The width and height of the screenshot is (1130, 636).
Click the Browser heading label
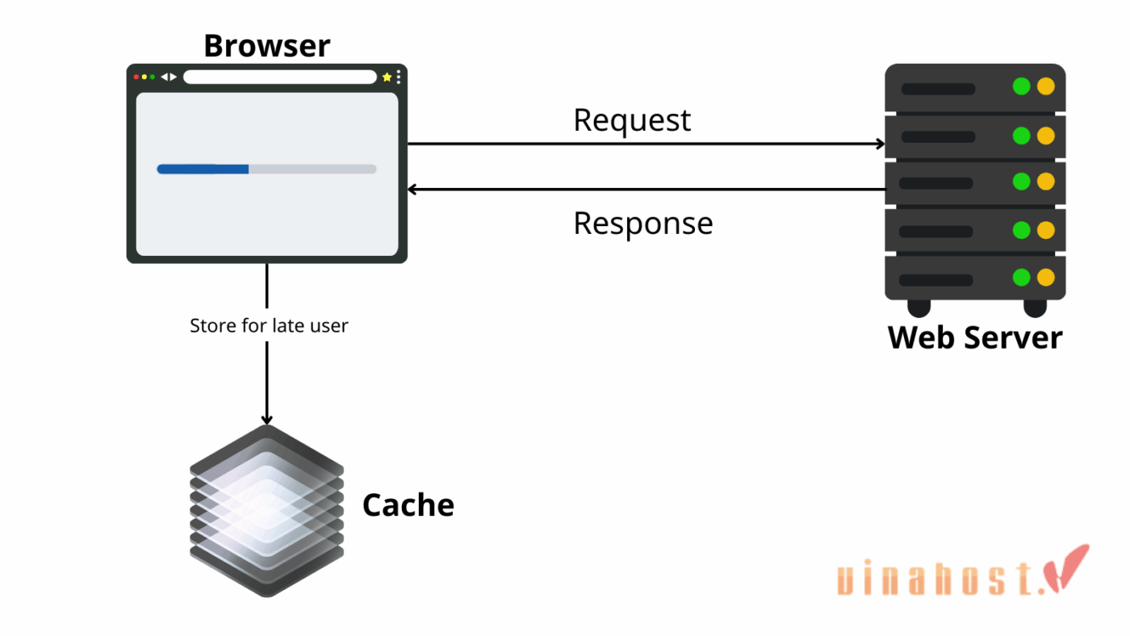point(266,46)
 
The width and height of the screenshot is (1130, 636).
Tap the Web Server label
point(975,337)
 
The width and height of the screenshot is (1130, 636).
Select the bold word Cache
point(408,505)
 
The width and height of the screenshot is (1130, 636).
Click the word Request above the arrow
point(632,120)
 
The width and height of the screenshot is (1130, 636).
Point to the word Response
point(642,224)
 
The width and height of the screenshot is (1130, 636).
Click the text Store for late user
point(269,326)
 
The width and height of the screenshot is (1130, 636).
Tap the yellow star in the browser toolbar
point(387,77)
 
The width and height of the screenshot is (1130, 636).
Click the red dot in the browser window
point(136,77)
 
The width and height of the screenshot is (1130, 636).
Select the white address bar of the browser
point(279,77)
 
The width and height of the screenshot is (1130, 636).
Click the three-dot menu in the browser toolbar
point(398,77)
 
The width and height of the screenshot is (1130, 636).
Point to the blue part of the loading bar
point(203,169)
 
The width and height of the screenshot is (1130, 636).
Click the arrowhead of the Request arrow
point(880,144)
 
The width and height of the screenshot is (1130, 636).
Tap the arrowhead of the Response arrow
point(412,190)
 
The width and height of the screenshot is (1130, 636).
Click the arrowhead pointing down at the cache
point(267,419)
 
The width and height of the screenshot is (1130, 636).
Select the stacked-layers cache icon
point(267,510)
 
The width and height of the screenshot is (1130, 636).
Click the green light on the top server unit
point(1021,86)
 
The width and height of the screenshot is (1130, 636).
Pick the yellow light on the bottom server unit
point(1046,278)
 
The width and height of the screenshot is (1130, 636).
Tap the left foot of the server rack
point(919,308)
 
